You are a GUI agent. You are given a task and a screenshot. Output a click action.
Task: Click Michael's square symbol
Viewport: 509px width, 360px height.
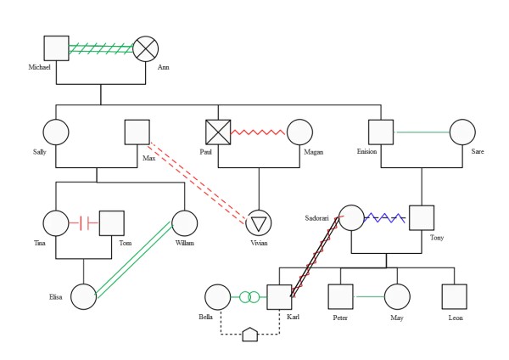(57, 48)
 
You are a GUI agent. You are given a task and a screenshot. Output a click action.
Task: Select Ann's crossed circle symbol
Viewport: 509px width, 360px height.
(146, 48)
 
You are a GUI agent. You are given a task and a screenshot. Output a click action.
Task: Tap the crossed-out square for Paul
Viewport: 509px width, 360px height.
(218, 132)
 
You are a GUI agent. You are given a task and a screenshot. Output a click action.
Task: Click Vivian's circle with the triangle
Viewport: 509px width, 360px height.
(259, 223)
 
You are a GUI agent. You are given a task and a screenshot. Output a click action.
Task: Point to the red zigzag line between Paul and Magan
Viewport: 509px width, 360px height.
(258, 132)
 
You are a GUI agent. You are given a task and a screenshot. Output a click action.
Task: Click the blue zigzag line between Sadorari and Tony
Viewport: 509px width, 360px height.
(384, 217)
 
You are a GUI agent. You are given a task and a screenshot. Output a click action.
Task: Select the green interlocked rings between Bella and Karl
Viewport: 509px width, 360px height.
(249, 297)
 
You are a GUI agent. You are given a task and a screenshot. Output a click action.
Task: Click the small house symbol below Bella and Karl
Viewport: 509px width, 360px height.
(250, 335)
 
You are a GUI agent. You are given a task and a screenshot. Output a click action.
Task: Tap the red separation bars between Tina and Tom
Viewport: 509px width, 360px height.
(84, 223)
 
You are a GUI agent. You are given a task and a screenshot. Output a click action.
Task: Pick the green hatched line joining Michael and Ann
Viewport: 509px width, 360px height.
(101, 48)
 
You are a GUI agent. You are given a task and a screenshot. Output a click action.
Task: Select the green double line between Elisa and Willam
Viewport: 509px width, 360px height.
(134, 259)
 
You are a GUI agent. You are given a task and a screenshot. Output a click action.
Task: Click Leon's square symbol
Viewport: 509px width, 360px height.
(455, 296)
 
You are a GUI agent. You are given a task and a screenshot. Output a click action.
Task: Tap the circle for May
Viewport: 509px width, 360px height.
(397, 296)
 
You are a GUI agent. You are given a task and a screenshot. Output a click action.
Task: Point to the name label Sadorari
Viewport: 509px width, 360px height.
(316, 218)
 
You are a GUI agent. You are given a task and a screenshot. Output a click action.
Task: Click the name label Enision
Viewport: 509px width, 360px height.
(366, 151)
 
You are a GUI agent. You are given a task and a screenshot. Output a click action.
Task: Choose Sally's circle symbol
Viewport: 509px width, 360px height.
(56, 132)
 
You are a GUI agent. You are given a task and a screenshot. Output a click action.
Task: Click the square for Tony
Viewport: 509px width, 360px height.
(422, 217)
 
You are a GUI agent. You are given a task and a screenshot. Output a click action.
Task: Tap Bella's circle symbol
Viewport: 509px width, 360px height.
(218, 297)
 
